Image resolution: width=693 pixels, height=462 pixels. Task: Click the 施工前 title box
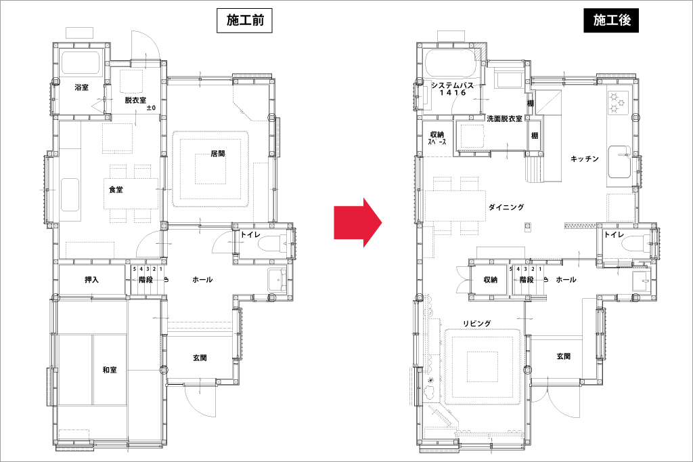[244, 21]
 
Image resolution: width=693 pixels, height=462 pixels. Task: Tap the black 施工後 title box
[611, 21]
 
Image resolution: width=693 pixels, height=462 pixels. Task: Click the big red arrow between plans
[357, 222]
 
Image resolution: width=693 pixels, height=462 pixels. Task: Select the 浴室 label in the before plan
[82, 87]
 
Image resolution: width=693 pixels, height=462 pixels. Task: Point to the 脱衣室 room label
[135, 100]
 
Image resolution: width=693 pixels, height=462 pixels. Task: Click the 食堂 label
[116, 190]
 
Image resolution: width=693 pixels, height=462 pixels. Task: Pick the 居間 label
[218, 154]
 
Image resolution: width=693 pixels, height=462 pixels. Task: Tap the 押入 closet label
[91, 280]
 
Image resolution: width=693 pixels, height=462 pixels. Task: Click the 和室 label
[110, 369]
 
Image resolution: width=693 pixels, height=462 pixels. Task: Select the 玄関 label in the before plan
[200, 358]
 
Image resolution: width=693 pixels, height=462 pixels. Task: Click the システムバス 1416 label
[453, 89]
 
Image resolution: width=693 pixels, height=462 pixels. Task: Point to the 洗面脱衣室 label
[504, 119]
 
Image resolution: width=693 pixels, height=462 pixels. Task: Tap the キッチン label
[584, 159]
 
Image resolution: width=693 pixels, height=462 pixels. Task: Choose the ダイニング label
[506, 207]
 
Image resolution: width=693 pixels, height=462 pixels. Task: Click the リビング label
[477, 324]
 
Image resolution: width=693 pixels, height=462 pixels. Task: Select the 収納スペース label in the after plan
[437, 138]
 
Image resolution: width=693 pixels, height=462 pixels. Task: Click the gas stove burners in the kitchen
[617, 103]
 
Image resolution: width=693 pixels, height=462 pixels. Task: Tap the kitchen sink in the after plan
[620, 161]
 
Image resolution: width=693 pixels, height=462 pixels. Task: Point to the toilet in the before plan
[271, 244]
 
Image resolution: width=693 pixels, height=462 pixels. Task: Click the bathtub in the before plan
[81, 63]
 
